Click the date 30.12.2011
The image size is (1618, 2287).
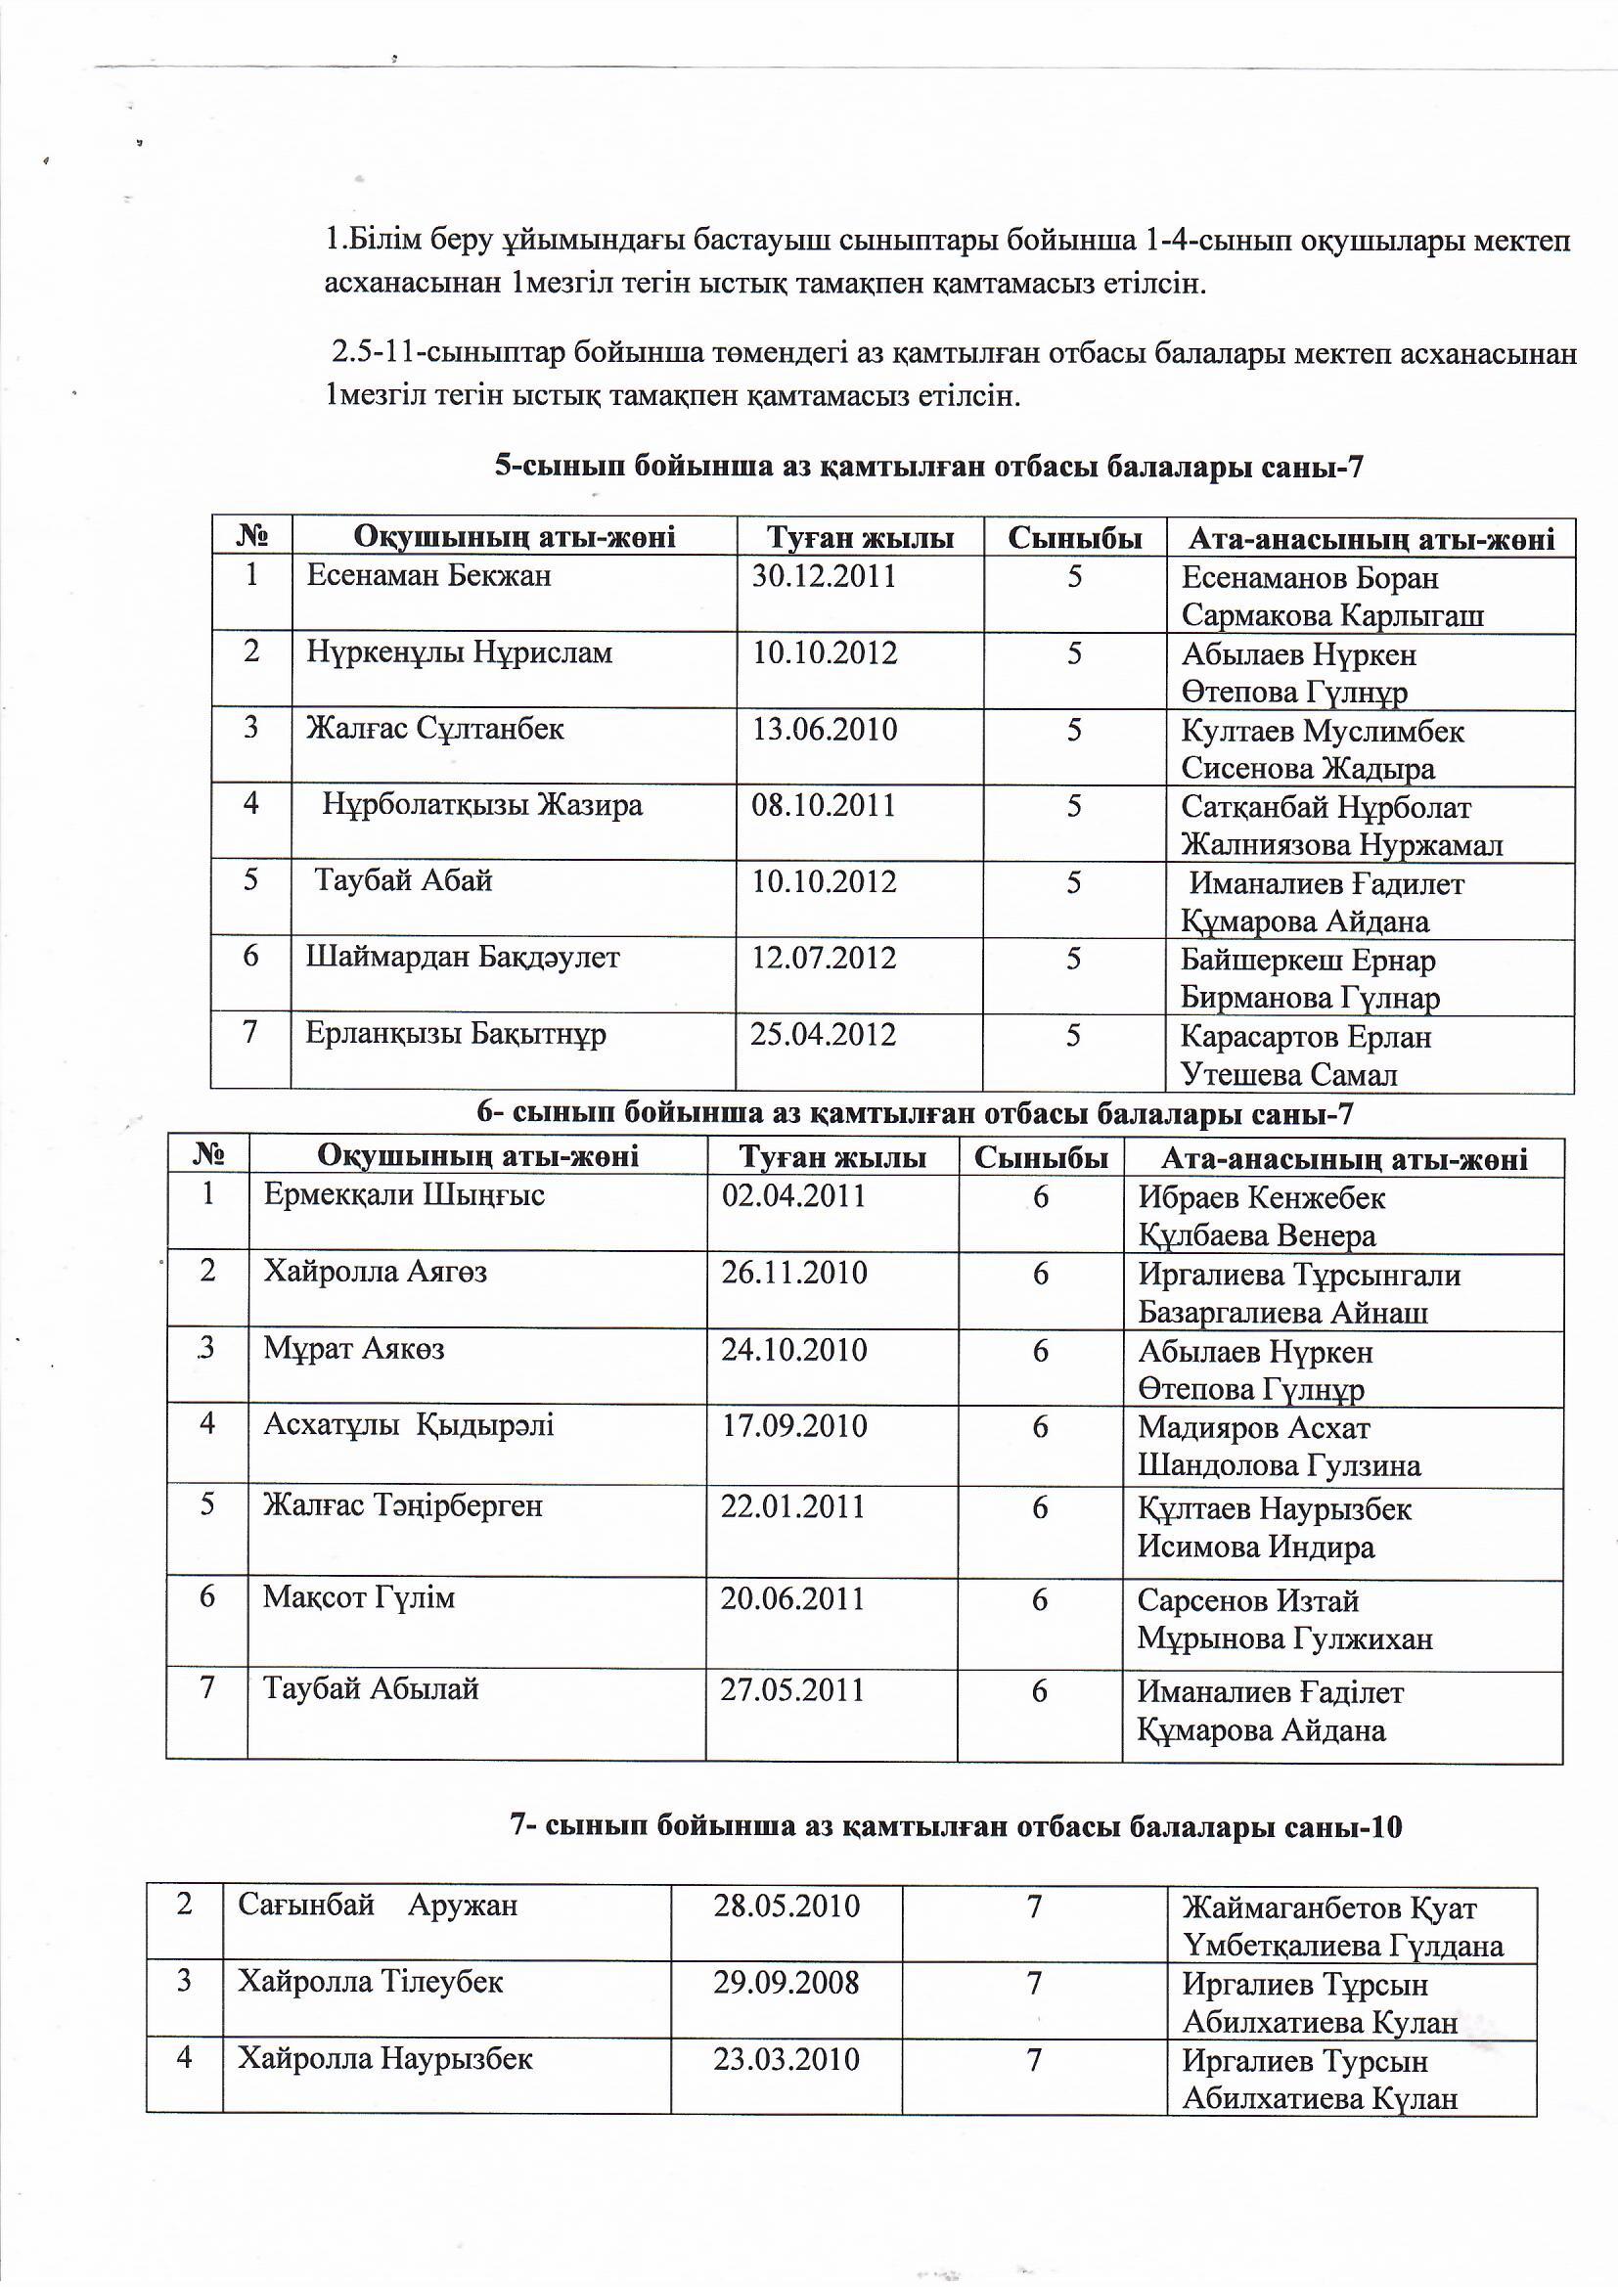[x=824, y=577]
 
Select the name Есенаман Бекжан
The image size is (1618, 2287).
[x=428, y=576]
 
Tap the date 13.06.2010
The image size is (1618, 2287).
[x=824, y=729]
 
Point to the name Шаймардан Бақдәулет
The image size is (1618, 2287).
[x=463, y=958]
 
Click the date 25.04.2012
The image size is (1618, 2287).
[x=823, y=1034]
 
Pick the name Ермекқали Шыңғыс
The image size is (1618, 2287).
[x=405, y=1194]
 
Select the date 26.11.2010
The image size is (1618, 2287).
[x=794, y=1272]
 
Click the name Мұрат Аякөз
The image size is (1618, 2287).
[x=354, y=1349]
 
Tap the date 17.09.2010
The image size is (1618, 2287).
[x=794, y=1425]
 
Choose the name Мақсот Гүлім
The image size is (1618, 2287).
[x=359, y=1597]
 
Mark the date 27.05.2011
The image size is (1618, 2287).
[x=793, y=1690]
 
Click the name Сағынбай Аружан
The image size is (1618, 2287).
[x=378, y=1906]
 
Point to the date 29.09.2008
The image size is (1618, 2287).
[x=787, y=1982]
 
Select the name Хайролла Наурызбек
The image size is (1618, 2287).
[x=384, y=2059]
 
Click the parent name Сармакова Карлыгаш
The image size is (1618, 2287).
[x=1333, y=615]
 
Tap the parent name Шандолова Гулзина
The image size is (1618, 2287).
[x=1280, y=1465]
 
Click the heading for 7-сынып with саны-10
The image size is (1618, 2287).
[x=957, y=1826]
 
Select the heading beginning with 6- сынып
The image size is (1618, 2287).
[x=915, y=1113]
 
